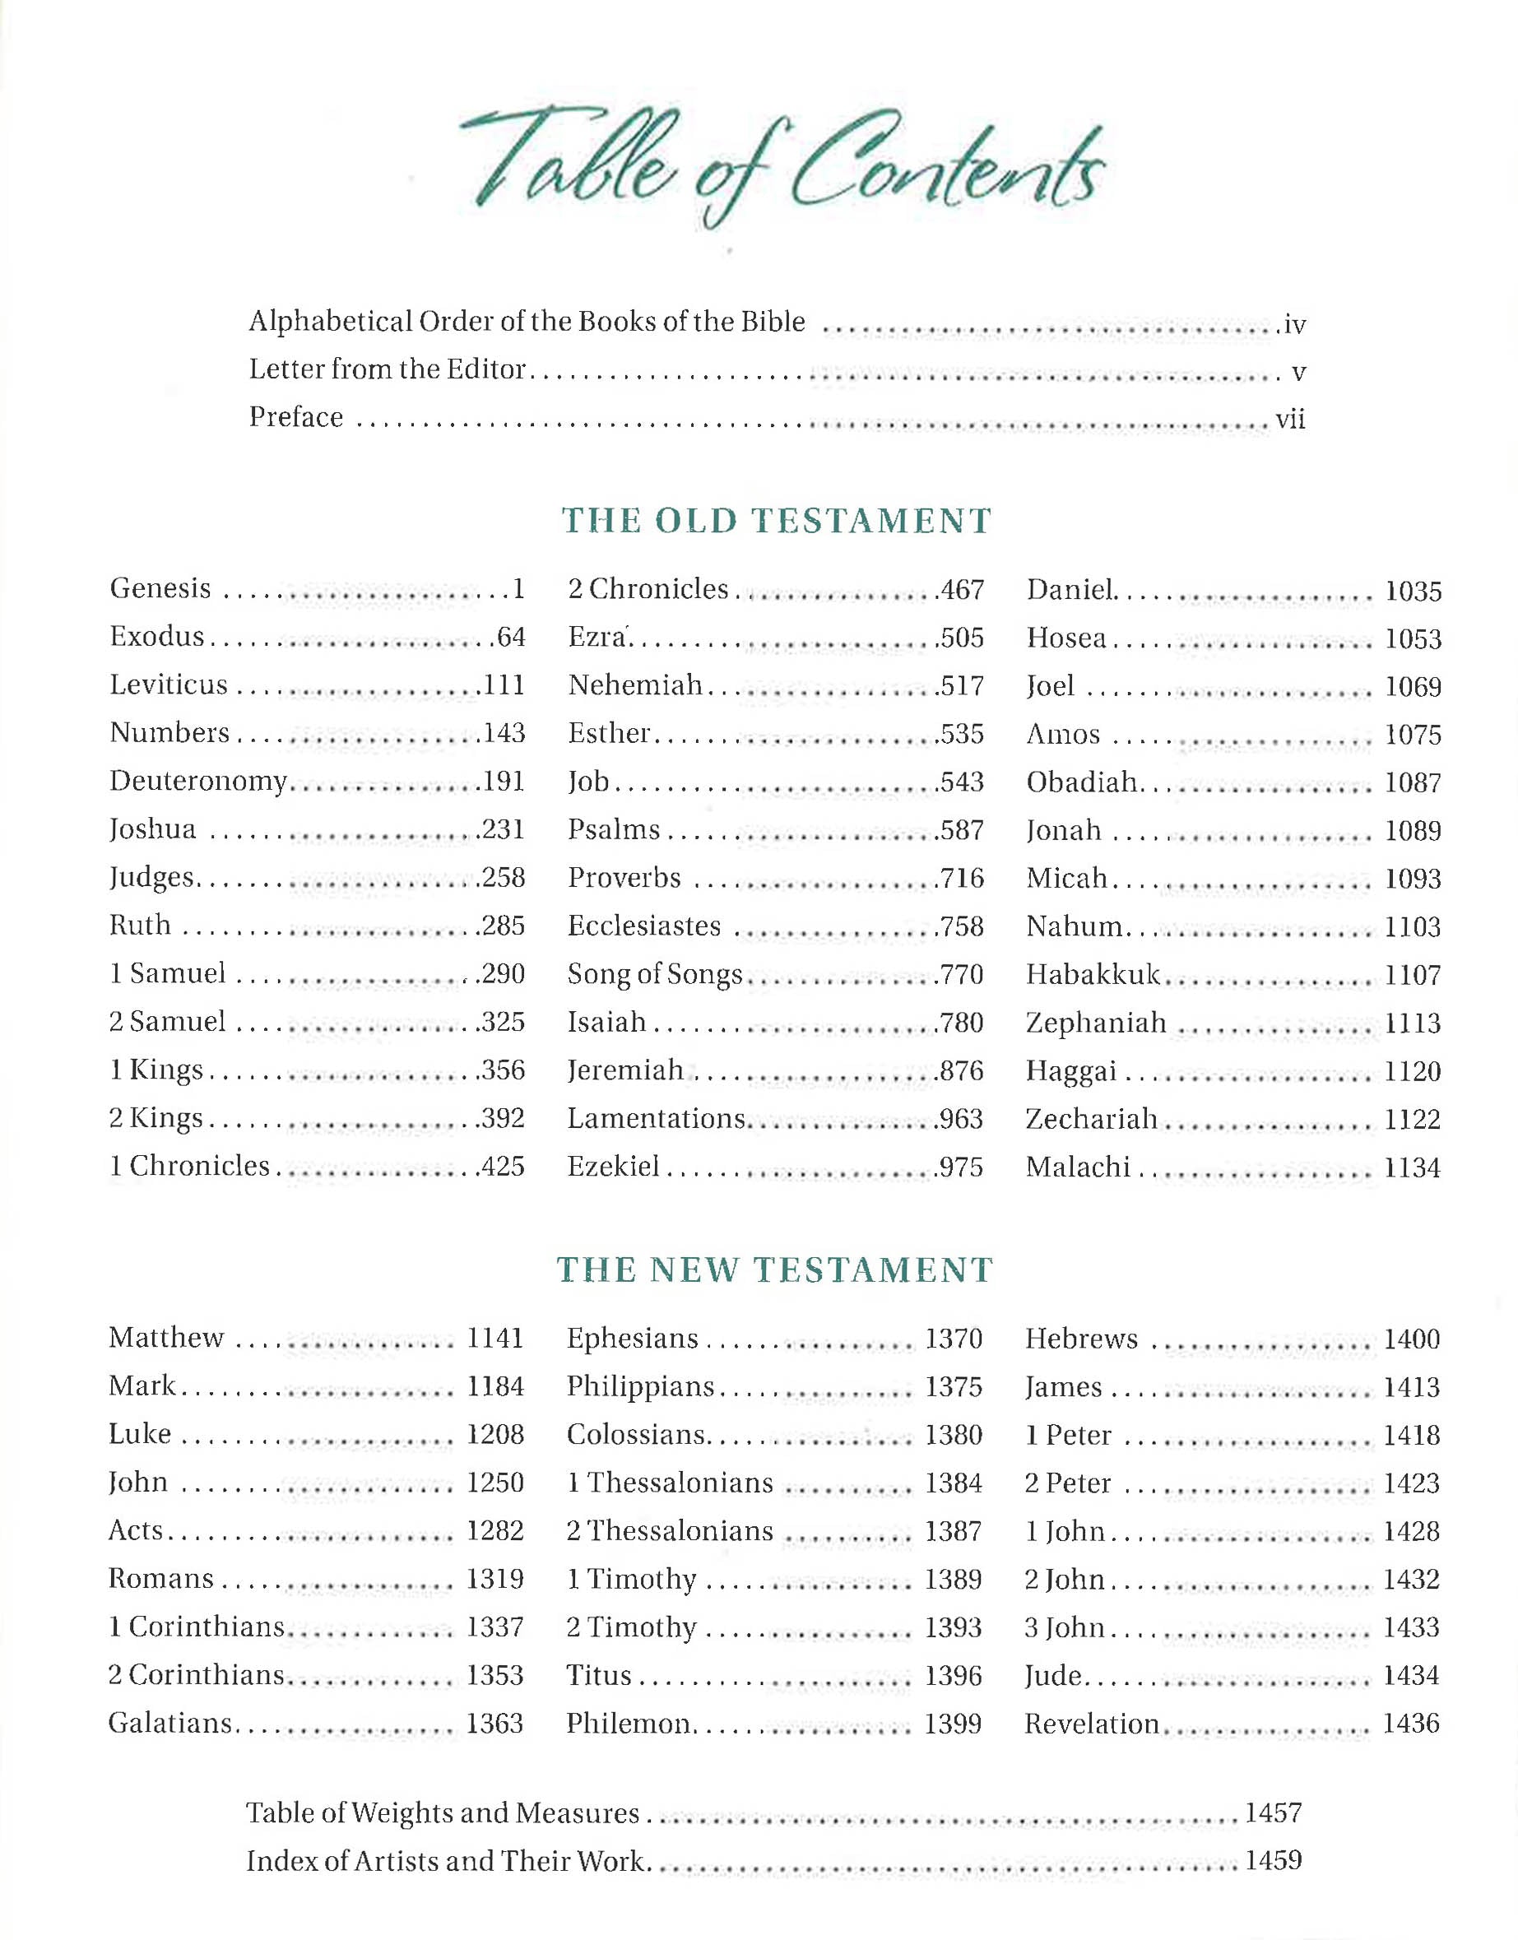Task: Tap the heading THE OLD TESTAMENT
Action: click(x=776, y=521)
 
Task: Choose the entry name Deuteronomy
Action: click(x=198, y=781)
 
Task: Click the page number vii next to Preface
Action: click(x=1290, y=419)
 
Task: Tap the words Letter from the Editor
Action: click(x=388, y=369)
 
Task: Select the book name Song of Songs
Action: click(x=655, y=974)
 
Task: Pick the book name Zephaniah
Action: click(x=1096, y=1023)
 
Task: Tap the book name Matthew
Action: click(x=166, y=1338)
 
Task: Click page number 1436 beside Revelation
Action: click(x=1411, y=1724)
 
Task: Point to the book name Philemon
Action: click(x=629, y=1724)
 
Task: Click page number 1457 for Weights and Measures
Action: click(x=1274, y=1813)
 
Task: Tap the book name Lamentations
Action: click(x=656, y=1118)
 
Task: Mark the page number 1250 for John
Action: click(x=496, y=1483)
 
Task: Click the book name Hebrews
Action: click(x=1081, y=1339)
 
